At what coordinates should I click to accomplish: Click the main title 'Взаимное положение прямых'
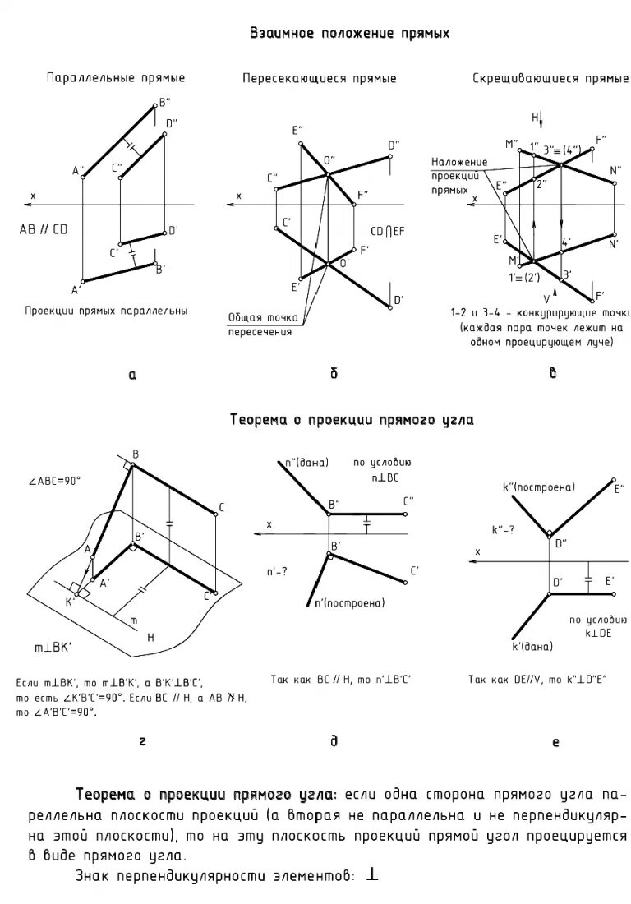(x=349, y=34)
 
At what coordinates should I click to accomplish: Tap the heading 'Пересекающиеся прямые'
(x=319, y=79)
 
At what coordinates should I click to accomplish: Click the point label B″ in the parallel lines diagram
(x=164, y=102)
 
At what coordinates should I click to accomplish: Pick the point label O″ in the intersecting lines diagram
(x=329, y=160)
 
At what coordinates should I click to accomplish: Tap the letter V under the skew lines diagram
(x=545, y=297)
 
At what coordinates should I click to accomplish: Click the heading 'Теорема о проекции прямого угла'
(x=351, y=420)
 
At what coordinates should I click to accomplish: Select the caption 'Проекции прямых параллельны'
(x=106, y=311)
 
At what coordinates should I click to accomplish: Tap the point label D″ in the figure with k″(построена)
(x=560, y=542)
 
